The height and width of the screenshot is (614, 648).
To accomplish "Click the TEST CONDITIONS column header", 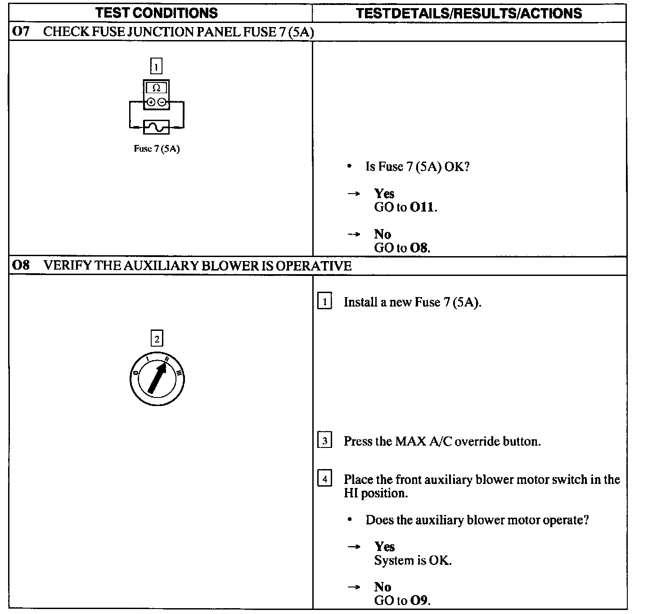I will pyautogui.click(x=156, y=13).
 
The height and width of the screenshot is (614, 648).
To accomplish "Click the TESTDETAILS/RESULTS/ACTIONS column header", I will pyautogui.click(x=469, y=13).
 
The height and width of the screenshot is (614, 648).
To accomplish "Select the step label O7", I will pyautogui.click(x=21, y=32).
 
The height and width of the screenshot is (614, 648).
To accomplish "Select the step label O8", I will pyautogui.click(x=21, y=266).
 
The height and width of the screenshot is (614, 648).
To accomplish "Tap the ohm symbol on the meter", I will pyautogui.click(x=157, y=88).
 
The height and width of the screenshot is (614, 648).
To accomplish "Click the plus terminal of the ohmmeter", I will pyautogui.click(x=151, y=102).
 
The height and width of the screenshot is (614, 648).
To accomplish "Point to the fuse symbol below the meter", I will pyautogui.click(x=157, y=127).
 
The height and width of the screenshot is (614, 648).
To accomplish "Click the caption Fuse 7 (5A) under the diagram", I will pyautogui.click(x=157, y=149).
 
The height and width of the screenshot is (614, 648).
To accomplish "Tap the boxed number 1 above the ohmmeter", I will pyautogui.click(x=156, y=67).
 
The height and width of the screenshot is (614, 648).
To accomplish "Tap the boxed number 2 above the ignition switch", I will pyautogui.click(x=157, y=339).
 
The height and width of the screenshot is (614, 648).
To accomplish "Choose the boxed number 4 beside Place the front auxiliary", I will pyautogui.click(x=324, y=479).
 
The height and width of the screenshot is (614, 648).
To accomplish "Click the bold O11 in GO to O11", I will pyautogui.click(x=422, y=208).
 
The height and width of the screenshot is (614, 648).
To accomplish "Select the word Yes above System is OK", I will pyautogui.click(x=384, y=546).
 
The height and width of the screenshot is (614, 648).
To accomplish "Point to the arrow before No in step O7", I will pyautogui.click(x=354, y=234).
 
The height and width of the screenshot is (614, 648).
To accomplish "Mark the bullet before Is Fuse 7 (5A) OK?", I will pyautogui.click(x=349, y=167).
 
